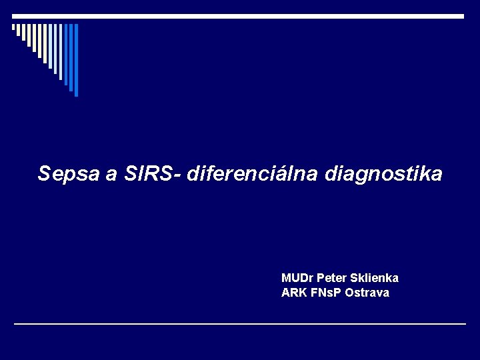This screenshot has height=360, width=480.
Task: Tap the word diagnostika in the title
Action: [x=383, y=175]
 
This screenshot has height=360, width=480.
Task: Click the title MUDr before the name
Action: [x=297, y=277]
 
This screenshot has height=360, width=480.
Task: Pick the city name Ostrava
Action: [x=367, y=293]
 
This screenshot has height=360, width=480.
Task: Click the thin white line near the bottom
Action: [x=240, y=324]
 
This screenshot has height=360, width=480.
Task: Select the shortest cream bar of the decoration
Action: [x=13, y=27]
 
